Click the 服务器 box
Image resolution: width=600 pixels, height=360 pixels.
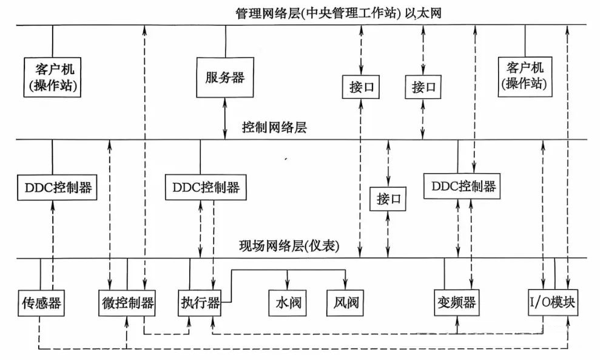[x=224, y=78]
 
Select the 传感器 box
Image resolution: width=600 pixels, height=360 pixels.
[x=42, y=302]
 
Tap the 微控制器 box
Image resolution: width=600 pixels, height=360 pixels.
[x=126, y=302]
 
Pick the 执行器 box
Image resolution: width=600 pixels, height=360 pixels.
[x=199, y=302]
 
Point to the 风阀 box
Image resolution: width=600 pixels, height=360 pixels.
[x=345, y=302]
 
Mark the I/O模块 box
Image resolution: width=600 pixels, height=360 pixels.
[x=551, y=302]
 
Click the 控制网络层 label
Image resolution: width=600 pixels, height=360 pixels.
[x=274, y=127]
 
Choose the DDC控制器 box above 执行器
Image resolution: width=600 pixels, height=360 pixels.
[x=202, y=187]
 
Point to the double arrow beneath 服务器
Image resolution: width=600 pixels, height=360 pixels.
[x=225, y=119]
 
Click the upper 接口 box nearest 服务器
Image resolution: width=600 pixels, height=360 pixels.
[x=360, y=87]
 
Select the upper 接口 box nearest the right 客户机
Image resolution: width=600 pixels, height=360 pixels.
[x=422, y=87]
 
